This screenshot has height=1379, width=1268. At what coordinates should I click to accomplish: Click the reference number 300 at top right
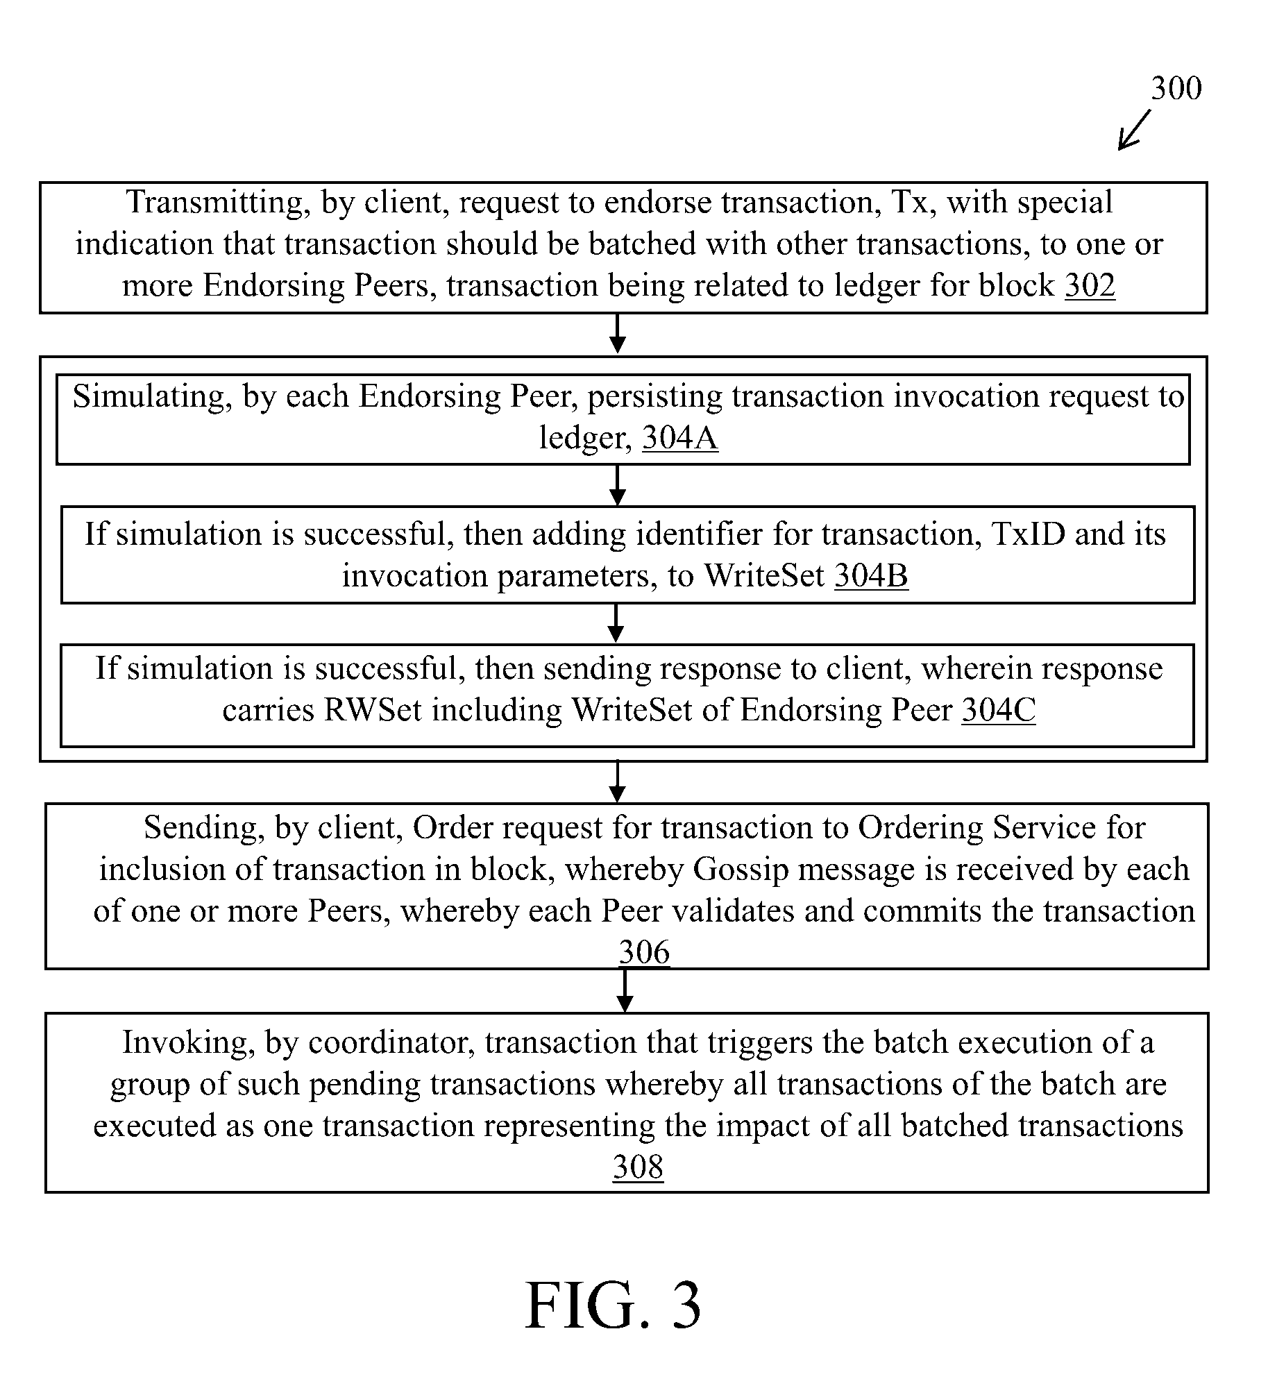(x=1176, y=89)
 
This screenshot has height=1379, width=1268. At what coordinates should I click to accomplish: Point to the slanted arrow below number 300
(x=1134, y=129)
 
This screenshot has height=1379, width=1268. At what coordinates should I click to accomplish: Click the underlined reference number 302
(x=1090, y=285)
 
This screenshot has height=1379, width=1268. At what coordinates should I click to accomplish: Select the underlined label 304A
(x=680, y=437)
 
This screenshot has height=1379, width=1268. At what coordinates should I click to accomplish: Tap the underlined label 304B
(x=871, y=575)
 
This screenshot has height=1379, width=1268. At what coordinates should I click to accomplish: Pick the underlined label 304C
(x=999, y=710)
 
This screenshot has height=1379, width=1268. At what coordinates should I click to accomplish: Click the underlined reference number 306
(x=644, y=951)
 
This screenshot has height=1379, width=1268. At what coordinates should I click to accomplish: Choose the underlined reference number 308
(x=638, y=1167)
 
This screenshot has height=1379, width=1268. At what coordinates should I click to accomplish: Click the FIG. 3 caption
(x=614, y=1305)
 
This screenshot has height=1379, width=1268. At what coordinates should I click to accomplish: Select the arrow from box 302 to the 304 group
(x=617, y=334)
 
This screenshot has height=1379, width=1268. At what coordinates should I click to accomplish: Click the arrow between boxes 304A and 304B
(x=617, y=485)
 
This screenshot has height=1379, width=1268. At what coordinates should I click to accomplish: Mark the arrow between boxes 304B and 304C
(x=616, y=623)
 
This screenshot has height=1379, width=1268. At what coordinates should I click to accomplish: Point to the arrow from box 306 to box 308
(x=625, y=991)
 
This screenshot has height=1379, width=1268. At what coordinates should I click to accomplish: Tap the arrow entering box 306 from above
(x=617, y=782)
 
